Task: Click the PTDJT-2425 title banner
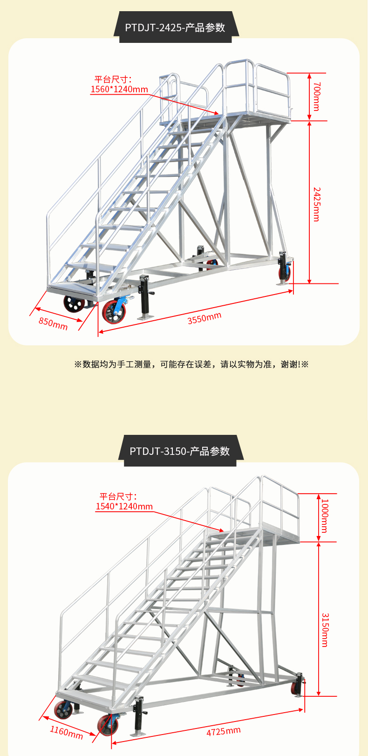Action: tap(175, 27)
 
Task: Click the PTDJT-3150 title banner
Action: tap(180, 451)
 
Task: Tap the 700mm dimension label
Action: tap(316, 96)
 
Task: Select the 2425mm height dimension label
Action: tap(316, 204)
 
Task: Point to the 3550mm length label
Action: tap(204, 318)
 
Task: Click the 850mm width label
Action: tap(53, 323)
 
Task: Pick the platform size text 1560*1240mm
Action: tap(119, 89)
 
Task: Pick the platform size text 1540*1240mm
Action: tap(124, 506)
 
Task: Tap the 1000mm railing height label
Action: tap(325, 516)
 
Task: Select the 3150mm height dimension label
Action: tap(325, 630)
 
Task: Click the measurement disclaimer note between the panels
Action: tap(191, 364)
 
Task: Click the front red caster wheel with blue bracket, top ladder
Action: tap(114, 311)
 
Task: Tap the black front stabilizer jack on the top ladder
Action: tap(144, 298)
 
